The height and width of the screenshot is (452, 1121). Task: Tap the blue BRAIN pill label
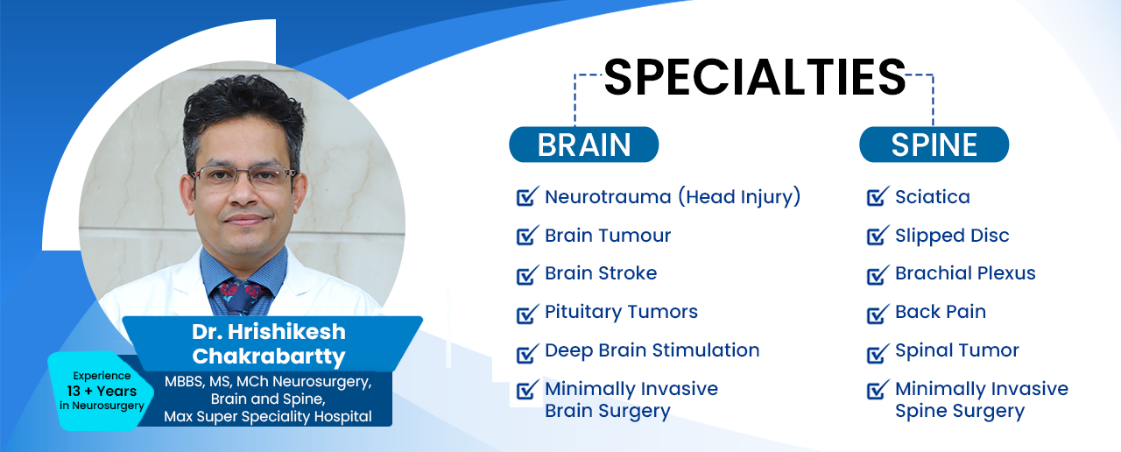tap(583, 145)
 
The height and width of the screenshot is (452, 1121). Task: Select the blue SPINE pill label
tap(934, 145)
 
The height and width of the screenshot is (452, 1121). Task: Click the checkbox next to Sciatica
tap(878, 196)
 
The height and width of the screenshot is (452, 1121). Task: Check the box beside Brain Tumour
tap(527, 236)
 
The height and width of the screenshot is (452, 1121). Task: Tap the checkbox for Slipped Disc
tap(878, 236)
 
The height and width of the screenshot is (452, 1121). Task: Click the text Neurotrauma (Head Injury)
tap(673, 197)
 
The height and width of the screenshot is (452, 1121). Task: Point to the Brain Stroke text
tap(601, 273)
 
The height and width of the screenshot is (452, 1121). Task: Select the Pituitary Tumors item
tap(621, 312)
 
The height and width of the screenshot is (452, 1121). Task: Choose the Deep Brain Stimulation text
tap(652, 350)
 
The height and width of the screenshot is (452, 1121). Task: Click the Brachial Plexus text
tap(965, 273)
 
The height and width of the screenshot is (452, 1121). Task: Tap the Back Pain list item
tap(941, 312)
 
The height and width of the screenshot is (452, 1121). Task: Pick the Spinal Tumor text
tap(957, 350)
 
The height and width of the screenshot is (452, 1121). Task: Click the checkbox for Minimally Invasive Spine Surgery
tap(878, 390)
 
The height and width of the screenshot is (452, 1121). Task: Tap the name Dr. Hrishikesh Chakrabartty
tap(269, 344)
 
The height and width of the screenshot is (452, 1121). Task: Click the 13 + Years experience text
tap(102, 391)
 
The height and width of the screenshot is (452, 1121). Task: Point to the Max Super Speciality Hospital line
tap(268, 416)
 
